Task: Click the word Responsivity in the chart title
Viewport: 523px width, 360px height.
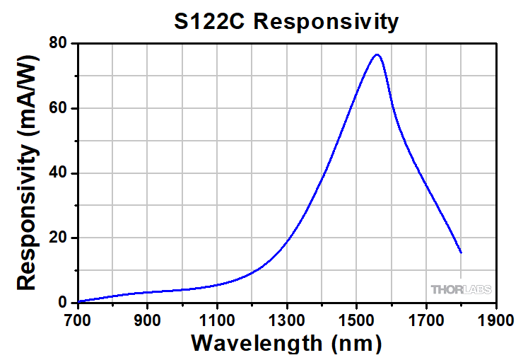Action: click(x=326, y=22)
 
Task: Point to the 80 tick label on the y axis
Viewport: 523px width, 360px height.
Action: click(x=58, y=43)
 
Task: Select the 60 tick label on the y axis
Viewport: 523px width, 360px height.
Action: click(x=58, y=108)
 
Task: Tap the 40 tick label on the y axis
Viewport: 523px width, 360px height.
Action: click(x=58, y=173)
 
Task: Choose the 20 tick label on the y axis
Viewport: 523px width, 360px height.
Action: click(x=58, y=238)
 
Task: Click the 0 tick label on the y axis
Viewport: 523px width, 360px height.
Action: click(x=63, y=303)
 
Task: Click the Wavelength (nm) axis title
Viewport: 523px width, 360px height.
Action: click(x=286, y=344)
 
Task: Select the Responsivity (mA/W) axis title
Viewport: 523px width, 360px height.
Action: click(x=27, y=173)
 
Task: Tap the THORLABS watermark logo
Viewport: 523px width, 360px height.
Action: click(x=461, y=289)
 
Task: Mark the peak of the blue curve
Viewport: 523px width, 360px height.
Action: click(x=377, y=54)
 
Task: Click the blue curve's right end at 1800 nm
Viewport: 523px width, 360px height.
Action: click(x=461, y=252)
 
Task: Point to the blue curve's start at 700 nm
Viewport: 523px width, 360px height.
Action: click(x=78, y=301)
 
